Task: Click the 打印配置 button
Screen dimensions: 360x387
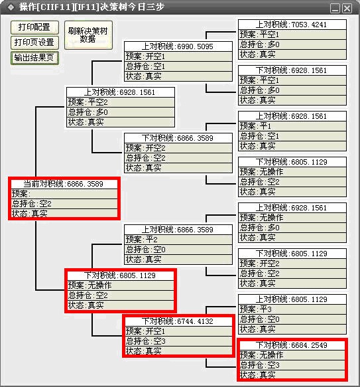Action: tap(34, 27)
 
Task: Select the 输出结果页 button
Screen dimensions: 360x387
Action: tap(34, 58)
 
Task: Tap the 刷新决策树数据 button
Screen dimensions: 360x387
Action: tap(88, 35)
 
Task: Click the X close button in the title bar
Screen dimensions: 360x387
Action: tap(347, 8)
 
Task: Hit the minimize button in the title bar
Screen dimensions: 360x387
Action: tap(335, 8)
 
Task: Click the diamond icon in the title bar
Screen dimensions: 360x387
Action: tap(11, 7)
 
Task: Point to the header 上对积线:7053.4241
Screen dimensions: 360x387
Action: tap(292, 25)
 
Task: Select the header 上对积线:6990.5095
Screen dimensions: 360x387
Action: tap(178, 46)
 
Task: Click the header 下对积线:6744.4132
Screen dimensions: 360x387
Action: tap(178, 321)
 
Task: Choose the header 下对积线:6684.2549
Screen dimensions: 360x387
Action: tap(292, 345)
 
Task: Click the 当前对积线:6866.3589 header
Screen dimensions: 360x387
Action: tap(64, 184)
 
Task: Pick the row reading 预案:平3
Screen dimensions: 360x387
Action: tap(292, 309)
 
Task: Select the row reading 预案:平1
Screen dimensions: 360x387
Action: tap(292, 126)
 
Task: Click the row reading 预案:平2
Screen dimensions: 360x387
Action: tap(178, 240)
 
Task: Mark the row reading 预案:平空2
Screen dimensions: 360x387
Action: tap(121, 102)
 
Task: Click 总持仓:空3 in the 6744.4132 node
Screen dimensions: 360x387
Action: tap(178, 341)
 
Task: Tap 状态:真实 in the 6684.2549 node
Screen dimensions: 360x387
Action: tap(292, 374)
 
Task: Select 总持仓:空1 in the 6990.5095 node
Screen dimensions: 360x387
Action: tap(178, 66)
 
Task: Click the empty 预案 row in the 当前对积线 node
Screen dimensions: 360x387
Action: tap(64, 194)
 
